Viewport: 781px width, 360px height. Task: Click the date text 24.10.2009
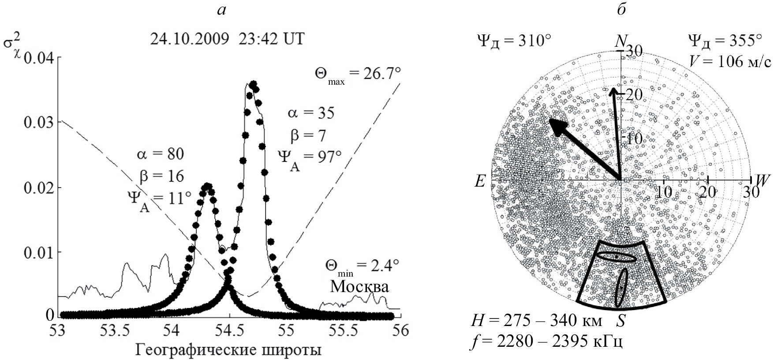point(190,39)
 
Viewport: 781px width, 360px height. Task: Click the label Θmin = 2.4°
point(362,266)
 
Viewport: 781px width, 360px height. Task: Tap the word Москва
point(359,287)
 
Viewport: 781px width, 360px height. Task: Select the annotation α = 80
point(160,154)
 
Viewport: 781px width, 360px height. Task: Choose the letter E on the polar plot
point(480,181)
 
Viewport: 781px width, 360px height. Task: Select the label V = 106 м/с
point(730,62)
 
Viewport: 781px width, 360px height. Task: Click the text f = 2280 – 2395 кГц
point(547,342)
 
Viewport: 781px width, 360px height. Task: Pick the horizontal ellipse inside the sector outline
point(616,257)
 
